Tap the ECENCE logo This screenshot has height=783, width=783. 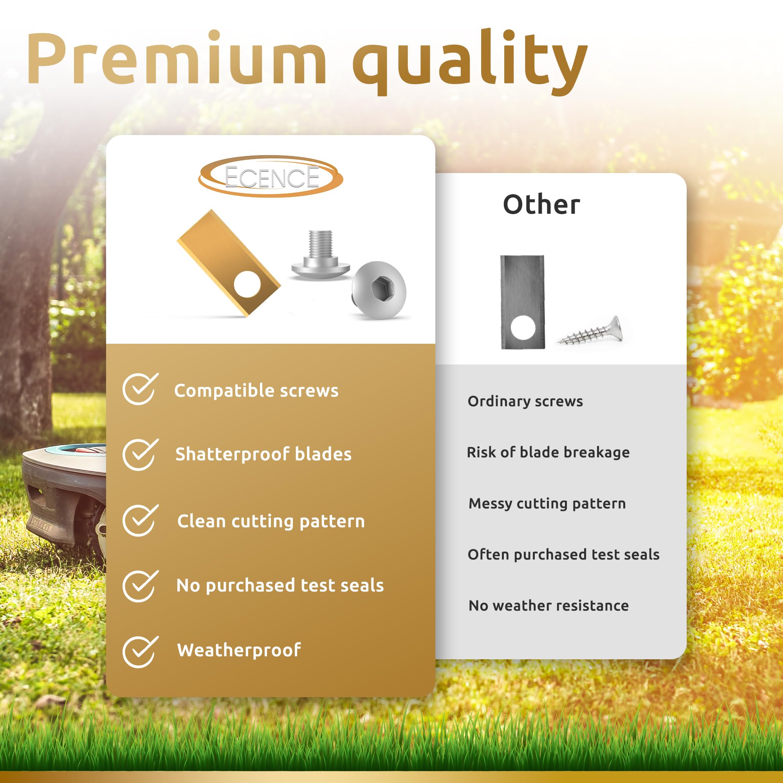pyautogui.click(x=271, y=177)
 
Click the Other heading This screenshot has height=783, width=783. pyautogui.click(x=541, y=205)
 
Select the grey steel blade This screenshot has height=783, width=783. pyautogui.click(x=522, y=302)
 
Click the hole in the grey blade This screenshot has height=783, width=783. pyautogui.click(x=523, y=327)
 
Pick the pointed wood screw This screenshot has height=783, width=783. pyautogui.click(x=591, y=332)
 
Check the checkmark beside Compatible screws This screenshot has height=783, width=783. pyautogui.click(x=140, y=389)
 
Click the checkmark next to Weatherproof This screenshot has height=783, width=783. pyautogui.click(x=140, y=651)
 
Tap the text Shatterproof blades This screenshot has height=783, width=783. pyautogui.click(x=263, y=454)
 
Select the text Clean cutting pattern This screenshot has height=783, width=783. pyautogui.click(x=271, y=521)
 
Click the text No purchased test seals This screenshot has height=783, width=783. pyautogui.click(x=280, y=586)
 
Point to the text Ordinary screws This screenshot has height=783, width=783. pyautogui.click(x=525, y=401)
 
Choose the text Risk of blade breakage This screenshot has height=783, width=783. pyautogui.click(x=548, y=452)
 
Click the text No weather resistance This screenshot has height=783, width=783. pyautogui.click(x=549, y=606)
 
